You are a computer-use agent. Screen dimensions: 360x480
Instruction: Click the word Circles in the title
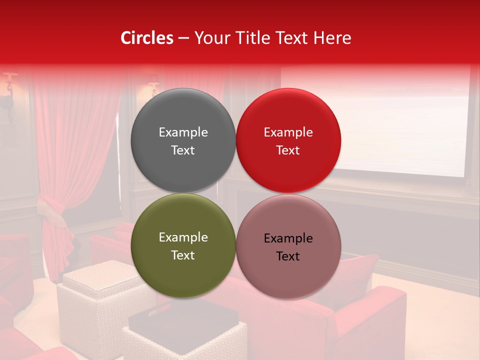pos(146,38)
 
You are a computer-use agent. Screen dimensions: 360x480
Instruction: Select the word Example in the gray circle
pos(183,132)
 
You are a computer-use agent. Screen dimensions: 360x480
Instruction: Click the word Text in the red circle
pos(288,150)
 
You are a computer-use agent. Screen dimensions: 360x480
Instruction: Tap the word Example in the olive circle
pos(183,237)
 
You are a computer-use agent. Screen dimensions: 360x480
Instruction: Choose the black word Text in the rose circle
pos(288,256)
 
